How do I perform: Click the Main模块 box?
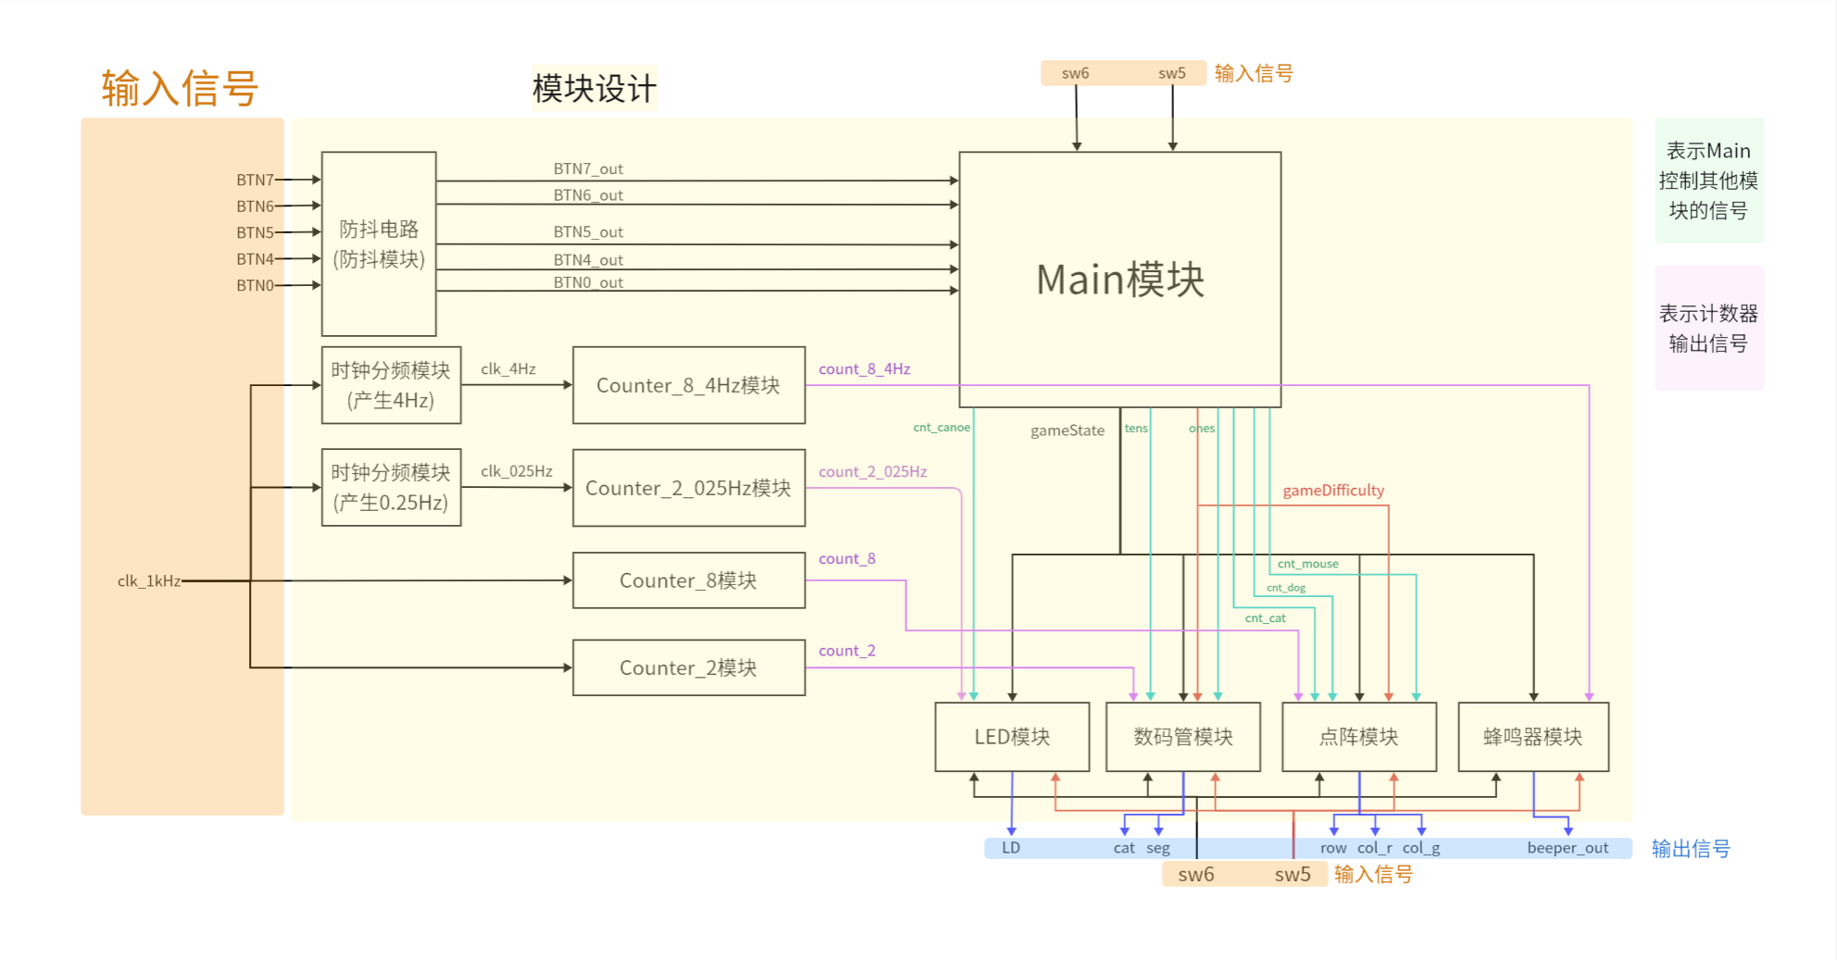(1119, 279)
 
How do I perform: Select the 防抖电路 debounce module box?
(379, 243)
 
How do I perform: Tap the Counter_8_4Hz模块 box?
(688, 385)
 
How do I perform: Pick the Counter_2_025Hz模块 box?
(688, 488)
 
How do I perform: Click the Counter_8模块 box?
(688, 580)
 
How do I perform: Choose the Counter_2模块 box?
(688, 667)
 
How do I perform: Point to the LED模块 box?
(1012, 737)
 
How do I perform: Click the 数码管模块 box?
(1183, 737)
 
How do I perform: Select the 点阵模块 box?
(1358, 737)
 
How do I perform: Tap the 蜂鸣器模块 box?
(1533, 737)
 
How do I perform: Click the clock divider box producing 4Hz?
(391, 385)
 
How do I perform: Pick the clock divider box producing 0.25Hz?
(391, 488)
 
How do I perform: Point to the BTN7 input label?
(255, 180)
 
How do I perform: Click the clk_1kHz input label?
(149, 581)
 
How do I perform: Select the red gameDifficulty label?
(1333, 491)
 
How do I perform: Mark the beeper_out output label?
(1568, 848)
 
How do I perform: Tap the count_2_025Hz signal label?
(872, 472)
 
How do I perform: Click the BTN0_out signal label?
(588, 282)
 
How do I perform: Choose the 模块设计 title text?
(594, 89)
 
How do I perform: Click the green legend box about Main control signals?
(1708, 181)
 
